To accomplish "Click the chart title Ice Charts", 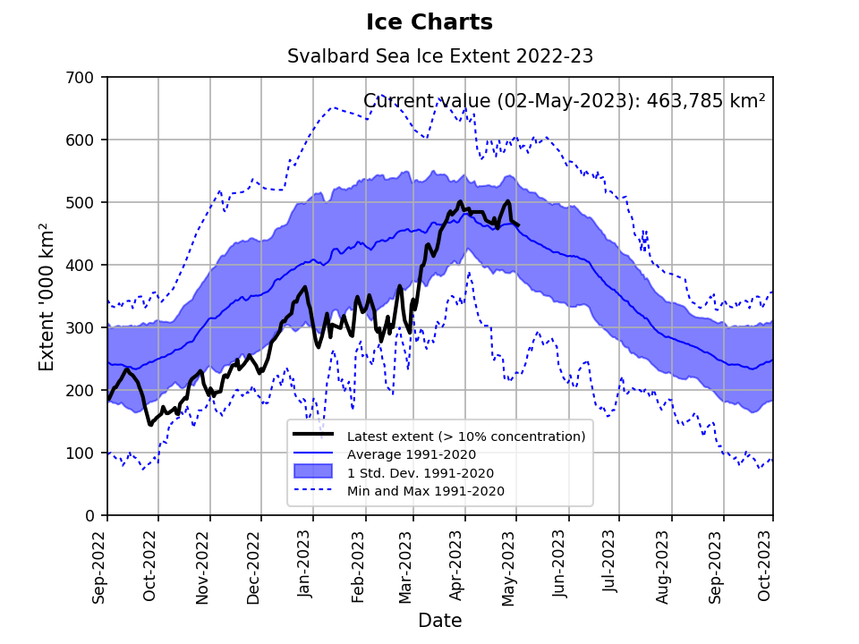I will (429, 22).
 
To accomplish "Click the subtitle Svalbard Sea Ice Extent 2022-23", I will (440, 56).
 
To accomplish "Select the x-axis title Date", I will (439, 621).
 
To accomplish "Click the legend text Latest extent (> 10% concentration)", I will (466, 436).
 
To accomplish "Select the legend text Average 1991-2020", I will (412, 454).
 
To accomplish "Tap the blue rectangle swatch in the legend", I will (313, 472).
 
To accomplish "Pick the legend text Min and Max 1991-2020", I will (426, 491).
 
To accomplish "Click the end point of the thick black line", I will (519, 225).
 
